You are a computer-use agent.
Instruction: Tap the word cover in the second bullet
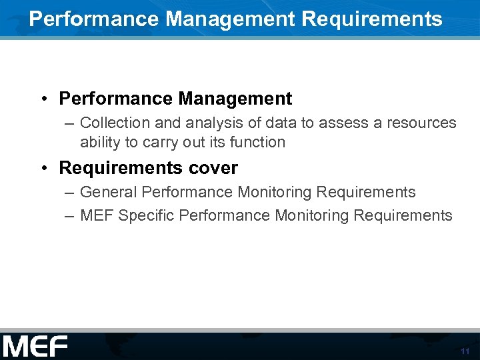[x=215, y=168]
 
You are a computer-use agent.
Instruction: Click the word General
[x=109, y=193]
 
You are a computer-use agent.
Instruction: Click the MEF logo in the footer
[x=35, y=347]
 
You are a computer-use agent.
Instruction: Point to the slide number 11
[x=465, y=351]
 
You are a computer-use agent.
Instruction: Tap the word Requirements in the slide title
[x=372, y=19]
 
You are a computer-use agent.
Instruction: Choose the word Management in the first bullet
[x=235, y=99]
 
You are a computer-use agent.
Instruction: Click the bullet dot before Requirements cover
[x=42, y=168]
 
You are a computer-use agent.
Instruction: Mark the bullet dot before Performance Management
[x=42, y=99]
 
